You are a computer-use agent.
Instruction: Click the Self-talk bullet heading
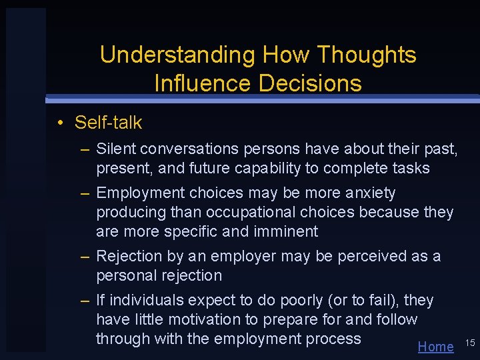tap(108, 123)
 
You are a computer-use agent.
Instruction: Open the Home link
tap(435, 346)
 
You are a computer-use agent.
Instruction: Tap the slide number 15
tap(469, 343)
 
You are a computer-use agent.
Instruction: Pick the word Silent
tap(115, 149)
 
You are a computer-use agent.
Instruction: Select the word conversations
tap(192, 149)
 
